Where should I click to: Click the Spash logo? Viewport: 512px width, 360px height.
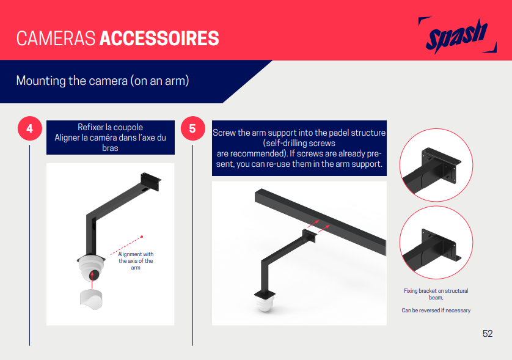[x=458, y=35]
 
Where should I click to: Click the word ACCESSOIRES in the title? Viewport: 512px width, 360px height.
[x=159, y=39]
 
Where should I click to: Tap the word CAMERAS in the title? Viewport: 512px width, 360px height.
[x=56, y=39]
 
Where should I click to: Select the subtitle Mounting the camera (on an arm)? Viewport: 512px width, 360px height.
[x=103, y=81]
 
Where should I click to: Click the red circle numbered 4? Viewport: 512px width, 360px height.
[x=30, y=128]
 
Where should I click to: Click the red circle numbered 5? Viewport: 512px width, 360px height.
[x=192, y=128]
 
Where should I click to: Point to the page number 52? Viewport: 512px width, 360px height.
[x=488, y=334]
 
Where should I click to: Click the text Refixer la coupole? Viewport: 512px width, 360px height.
[x=111, y=127]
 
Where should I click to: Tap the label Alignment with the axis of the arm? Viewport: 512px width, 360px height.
[x=136, y=261]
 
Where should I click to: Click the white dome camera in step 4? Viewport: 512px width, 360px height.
[x=91, y=268]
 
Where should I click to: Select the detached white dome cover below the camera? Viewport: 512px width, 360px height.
[x=91, y=299]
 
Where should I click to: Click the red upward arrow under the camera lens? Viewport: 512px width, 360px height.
[x=92, y=280]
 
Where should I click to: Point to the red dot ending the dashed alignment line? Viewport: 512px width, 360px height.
[x=142, y=237]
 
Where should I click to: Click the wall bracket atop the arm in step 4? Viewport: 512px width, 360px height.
[x=150, y=181]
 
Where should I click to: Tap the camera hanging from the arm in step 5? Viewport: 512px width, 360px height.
[x=265, y=301]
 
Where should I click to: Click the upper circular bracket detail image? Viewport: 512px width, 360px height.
[x=436, y=165]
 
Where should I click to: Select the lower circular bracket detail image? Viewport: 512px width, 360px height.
[x=436, y=243]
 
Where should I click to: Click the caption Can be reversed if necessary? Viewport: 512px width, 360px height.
[x=436, y=310]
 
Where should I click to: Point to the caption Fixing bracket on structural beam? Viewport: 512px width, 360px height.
[x=436, y=294]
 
